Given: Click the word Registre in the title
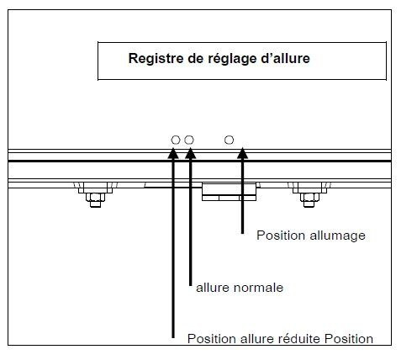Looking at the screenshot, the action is [x=152, y=59].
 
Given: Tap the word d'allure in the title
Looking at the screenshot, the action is [x=285, y=58].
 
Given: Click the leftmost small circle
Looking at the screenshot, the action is [x=176, y=140].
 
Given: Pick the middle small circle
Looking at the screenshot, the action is [x=189, y=140].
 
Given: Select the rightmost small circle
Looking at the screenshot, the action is [x=229, y=140].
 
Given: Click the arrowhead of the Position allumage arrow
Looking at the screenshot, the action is [x=242, y=153].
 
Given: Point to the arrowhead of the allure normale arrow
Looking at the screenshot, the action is [x=190, y=153].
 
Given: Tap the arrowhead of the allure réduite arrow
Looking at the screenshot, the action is [x=173, y=153].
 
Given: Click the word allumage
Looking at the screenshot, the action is [x=337, y=236].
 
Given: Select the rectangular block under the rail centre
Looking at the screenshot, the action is [x=229, y=192].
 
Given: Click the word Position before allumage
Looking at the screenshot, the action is [x=281, y=236].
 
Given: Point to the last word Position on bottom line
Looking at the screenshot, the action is [x=349, y=339].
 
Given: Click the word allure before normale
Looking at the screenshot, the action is [x=213, y=288].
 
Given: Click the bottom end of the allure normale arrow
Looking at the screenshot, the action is [x=191, y=285].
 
